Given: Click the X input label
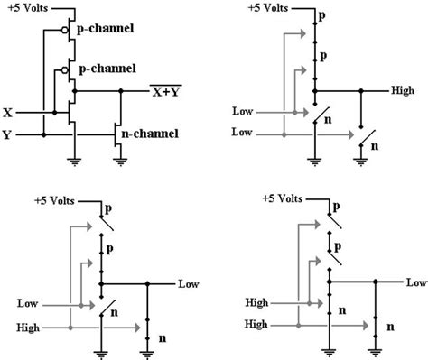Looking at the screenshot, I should [x=8, y=114].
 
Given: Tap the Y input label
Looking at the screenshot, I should [x=8, y=135].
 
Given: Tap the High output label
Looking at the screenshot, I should [x=404, y=91].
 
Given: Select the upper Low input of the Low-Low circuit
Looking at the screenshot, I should [x=243, y=114].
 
